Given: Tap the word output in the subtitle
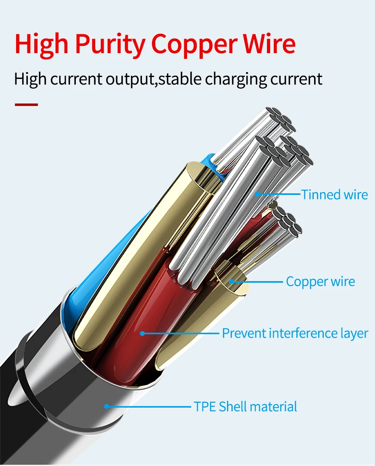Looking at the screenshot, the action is (x=130, y=79).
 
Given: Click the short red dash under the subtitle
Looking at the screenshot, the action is (x=26, y=105).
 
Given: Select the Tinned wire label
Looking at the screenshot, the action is (x=335, y=195).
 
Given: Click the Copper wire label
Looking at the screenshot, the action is (x=321, y=281).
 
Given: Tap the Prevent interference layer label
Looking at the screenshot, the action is (x=295, y=333).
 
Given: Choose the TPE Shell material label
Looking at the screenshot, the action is (x=246, y=406).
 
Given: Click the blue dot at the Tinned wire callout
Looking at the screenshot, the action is (x=256, y=195).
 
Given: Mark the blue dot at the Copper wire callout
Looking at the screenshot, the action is (x=232, y=281).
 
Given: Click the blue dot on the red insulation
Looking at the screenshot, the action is (x=142, y=333).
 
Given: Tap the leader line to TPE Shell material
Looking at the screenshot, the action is (x=149, y=406).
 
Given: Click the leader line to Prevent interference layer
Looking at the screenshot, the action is (x=181, y=333).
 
